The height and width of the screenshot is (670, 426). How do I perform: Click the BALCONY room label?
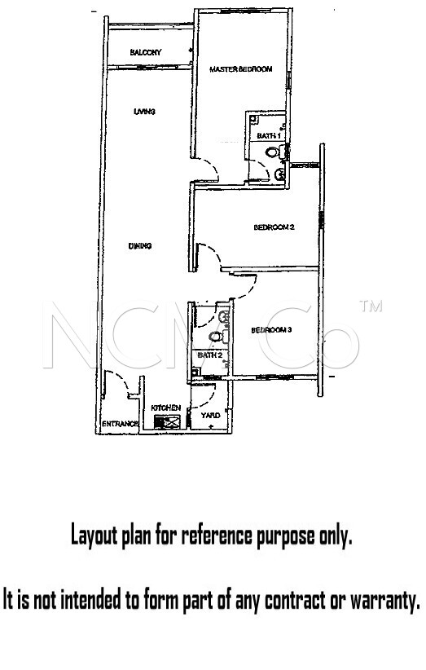(146, 52)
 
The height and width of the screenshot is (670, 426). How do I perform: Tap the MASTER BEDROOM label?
(241, 69)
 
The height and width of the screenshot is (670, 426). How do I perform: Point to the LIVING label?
(144, 112)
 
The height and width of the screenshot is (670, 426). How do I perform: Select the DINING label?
(140, 246)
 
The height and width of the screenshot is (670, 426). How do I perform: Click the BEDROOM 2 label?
(274, 227)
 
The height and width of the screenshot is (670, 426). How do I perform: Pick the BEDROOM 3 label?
(271, 330)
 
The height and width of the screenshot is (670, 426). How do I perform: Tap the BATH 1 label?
(269, 136)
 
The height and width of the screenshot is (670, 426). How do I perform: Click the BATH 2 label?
(209, 355)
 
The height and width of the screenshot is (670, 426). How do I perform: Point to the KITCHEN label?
(165, 408)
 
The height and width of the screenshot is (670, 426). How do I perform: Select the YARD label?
(210, 416)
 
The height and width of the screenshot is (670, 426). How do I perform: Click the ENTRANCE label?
(120, 424)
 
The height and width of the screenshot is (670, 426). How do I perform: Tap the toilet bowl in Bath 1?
(272, 152)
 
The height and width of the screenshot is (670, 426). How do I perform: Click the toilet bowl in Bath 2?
(216, 337)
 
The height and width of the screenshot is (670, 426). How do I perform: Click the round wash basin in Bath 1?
(280, 174)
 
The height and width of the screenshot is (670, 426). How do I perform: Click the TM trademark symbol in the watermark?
(371, 306)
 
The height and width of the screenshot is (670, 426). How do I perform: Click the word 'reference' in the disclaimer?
(217, 536)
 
